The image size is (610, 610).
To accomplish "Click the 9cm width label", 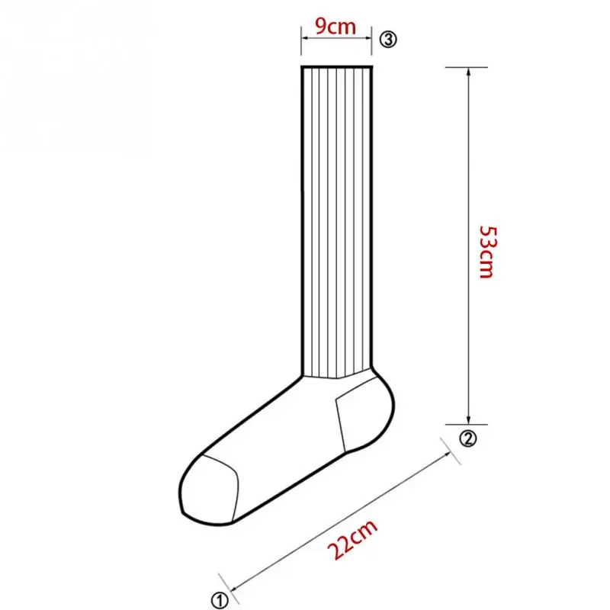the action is point(335,27).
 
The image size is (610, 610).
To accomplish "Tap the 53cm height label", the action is point(487,252).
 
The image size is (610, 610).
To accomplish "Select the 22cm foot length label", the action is point(352,539).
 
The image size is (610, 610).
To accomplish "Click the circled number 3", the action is point(388,40).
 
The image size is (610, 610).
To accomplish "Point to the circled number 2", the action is point(468,438).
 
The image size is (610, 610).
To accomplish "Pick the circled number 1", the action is point(220,600).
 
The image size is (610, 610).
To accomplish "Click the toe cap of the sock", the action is point(209,490).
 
